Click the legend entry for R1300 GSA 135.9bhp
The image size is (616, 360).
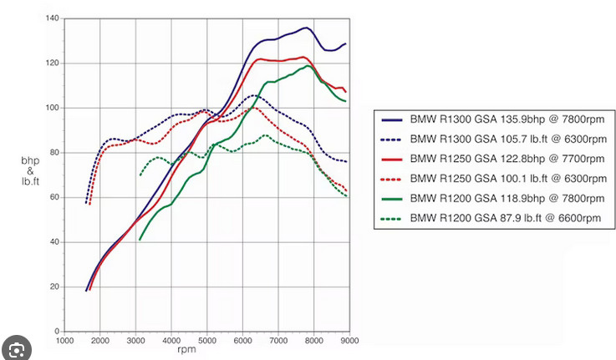point(492,119)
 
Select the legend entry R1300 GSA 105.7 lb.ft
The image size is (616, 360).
point(494,139)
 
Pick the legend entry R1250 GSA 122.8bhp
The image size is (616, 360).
point(492,159)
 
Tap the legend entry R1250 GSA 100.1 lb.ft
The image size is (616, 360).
point(494,179)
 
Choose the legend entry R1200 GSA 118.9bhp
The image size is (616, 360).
point(492,198)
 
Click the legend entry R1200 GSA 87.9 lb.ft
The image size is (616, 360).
point(491,218)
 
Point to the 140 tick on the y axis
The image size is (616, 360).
point(53,18)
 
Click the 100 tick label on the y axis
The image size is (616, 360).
point(53,108)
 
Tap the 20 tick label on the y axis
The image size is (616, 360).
point(54,287)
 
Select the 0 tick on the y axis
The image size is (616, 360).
point(57,332)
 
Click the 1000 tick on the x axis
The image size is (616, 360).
point(64,341)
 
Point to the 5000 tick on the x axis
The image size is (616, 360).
point(207,341)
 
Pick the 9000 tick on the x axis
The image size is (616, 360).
point(349,341)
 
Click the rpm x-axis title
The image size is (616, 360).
point(186,349)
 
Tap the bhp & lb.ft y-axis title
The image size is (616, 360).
point(30,170)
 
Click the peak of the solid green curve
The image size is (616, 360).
point(308,65)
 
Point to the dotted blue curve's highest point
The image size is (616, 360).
point(254,95)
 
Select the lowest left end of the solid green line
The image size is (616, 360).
point(140,240)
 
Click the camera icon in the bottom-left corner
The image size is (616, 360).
point(16,349)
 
